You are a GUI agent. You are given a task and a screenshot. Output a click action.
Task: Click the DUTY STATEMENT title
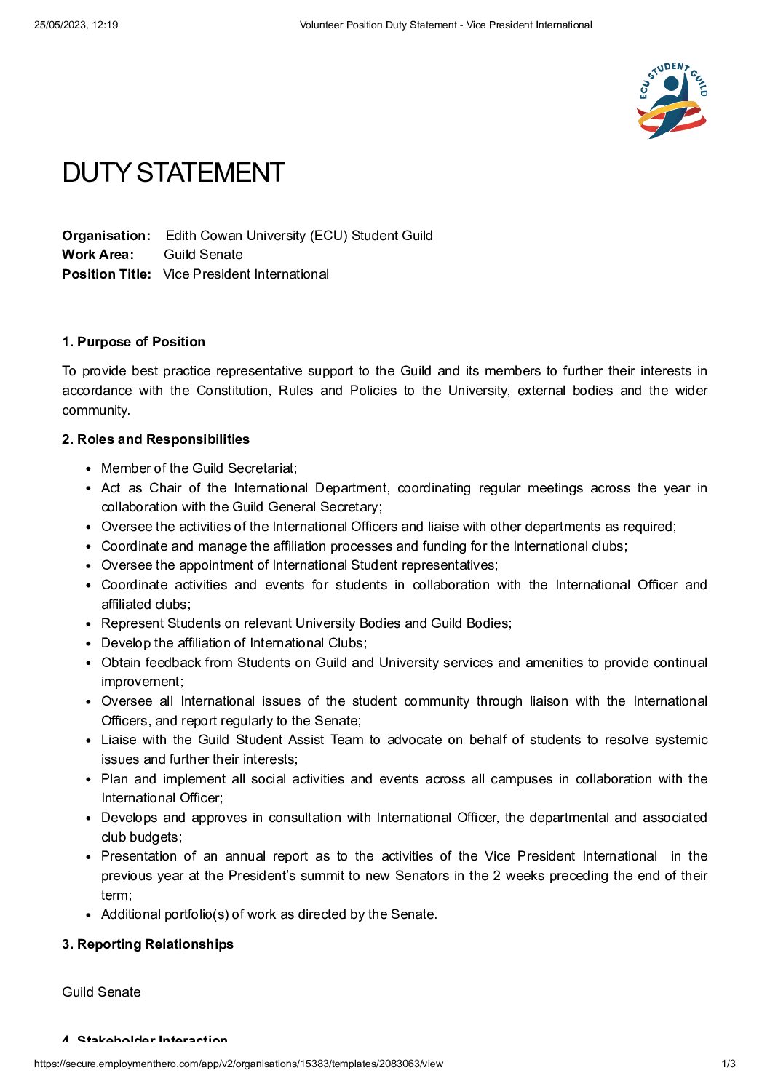(x=173, y=173)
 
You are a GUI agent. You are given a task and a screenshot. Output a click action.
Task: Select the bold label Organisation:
(x=106, y=236)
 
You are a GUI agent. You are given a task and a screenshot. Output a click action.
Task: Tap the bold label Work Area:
(x=98, y=255)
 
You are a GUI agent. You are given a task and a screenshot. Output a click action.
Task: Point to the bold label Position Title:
(x=106, y=274)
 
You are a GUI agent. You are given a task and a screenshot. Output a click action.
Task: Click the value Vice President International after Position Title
(x=246, y=274)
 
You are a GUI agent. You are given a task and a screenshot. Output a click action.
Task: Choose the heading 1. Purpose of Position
(x=134, y=342)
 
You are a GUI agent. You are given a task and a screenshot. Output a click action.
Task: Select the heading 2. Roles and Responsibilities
(x=156, y=439)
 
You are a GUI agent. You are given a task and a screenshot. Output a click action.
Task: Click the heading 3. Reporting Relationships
(x=148, y=944)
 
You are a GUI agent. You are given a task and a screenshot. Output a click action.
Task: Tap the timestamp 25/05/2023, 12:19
(x=76, y=25)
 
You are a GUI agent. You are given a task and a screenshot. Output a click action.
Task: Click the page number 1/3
(x=729, y=1064)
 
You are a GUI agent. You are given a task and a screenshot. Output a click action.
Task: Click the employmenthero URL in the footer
(x=238, y=1064)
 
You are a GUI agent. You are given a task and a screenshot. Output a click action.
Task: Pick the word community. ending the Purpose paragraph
(x=96, y=410)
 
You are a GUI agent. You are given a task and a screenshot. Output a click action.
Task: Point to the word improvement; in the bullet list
(x=142, y=682)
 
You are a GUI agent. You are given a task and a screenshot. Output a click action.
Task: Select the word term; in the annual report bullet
(x=116, y=895)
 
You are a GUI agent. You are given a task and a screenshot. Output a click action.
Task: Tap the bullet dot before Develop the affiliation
(x=89, y=644)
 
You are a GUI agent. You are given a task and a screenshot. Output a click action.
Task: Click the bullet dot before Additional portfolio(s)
(x=89, y=915)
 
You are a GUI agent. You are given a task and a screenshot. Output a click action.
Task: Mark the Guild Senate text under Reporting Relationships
(x=101, y=992)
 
